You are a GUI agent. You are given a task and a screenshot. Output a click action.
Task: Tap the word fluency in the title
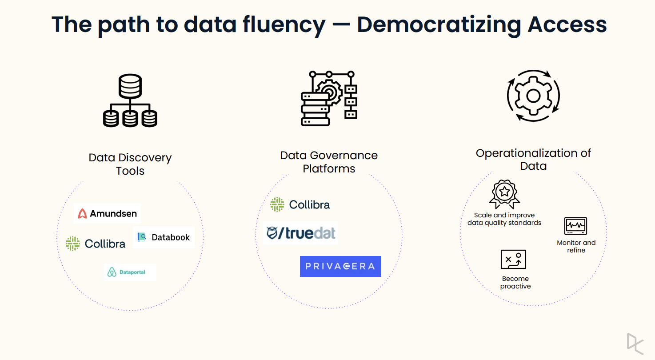coord(284,24)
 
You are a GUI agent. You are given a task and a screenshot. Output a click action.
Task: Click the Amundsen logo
coord(108,213)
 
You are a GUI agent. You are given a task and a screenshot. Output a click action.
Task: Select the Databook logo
coord(164,237)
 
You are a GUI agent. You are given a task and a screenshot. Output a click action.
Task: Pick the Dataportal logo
coord(130,272)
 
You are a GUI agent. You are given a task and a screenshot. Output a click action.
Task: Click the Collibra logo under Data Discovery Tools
coord(96,244)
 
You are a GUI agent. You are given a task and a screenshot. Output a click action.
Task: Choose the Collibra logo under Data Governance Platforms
coord(300,204)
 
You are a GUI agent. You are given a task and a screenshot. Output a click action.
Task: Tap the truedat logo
coord(301,233)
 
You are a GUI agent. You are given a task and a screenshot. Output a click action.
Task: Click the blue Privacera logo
coord(340,266)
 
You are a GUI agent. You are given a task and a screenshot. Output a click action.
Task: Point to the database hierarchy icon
coord(130,101)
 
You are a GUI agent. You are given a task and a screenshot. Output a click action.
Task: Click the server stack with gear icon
coord(329,98)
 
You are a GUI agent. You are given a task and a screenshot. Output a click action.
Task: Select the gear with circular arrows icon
coord(533,96)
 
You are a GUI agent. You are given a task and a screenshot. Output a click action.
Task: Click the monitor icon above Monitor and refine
coord(575,226)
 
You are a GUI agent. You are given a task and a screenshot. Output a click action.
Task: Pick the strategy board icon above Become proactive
coord(513,260)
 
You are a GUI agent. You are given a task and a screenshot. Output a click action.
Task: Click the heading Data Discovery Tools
coord(130,164)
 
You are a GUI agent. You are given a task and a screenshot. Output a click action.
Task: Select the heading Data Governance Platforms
coord(329,162)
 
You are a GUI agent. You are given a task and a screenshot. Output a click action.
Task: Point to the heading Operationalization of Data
coord(533,160)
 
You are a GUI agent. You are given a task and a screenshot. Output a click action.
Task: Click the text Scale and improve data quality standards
coord(504,219)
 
